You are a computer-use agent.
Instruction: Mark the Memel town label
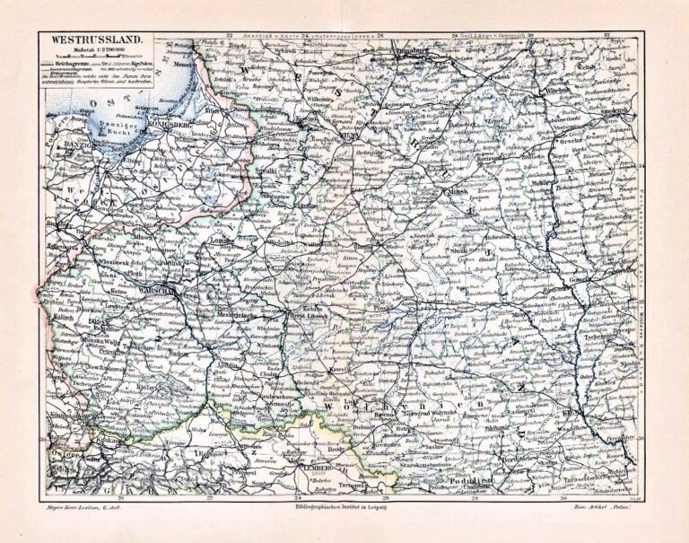click(x=184, y=66)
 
